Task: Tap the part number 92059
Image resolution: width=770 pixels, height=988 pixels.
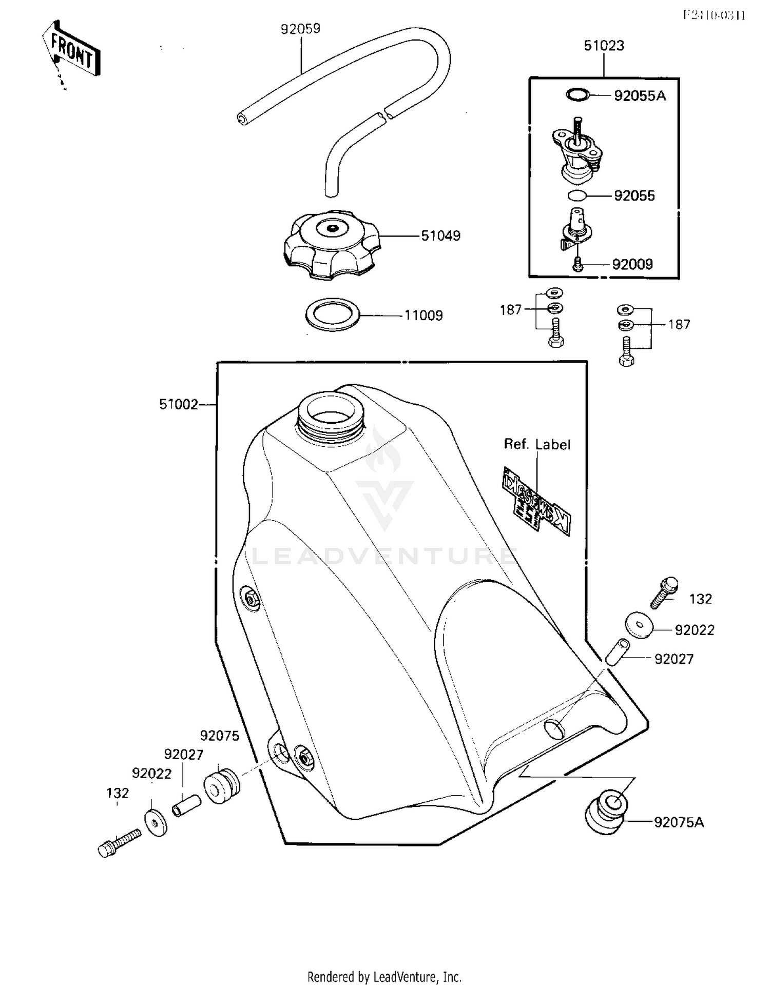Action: click(x=300, y=29)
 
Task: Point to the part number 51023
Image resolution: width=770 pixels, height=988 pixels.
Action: click(x=604, y=46)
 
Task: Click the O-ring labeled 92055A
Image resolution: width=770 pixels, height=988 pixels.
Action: click(x=577, y=95)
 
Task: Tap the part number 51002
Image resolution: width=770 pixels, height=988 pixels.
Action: click(x=178, y=405)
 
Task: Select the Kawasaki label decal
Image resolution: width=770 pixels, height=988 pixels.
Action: click(x=535, y=501)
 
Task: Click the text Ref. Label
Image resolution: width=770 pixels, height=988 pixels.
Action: click(x=536, y=444)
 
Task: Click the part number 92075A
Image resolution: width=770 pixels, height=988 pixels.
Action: click(x=679, y=822)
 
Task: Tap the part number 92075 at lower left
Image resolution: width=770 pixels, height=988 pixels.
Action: click(x=220, y=736)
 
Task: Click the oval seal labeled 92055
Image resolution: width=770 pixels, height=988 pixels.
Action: click(x=577, y=195)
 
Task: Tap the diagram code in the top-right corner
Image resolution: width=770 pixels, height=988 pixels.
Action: click(x=714, y=15)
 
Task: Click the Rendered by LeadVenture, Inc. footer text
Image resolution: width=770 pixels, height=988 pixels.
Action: click(x=384, y=977)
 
